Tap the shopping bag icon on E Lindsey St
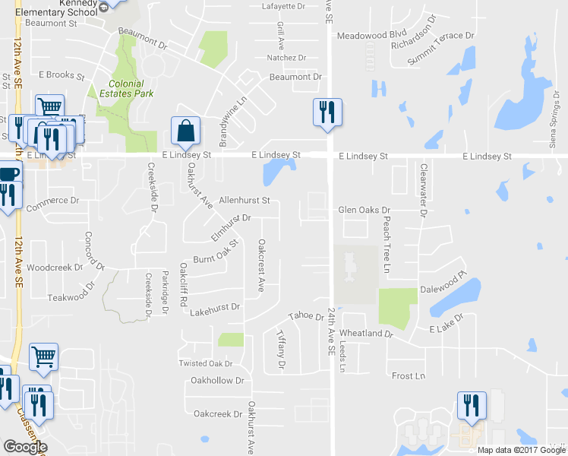(185, 132)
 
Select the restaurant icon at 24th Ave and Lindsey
(328, 112)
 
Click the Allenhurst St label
(245, 201)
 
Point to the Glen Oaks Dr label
(364, 210)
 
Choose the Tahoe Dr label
(306, 316)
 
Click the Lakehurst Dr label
(214, 309)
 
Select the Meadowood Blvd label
(372, 35)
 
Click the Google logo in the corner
(25, 447)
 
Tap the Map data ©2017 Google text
(520, 450)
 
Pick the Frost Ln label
(409, 376)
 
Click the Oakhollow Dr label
(217, 380)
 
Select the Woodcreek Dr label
(54, 268)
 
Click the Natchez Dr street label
(286, 58)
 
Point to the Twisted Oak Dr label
(205, 364)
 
